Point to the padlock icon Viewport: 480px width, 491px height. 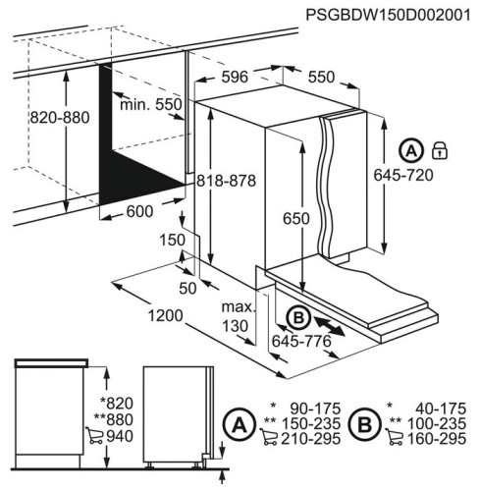[x=440, y=150]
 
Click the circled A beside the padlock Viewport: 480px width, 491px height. [x=411, y=151]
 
